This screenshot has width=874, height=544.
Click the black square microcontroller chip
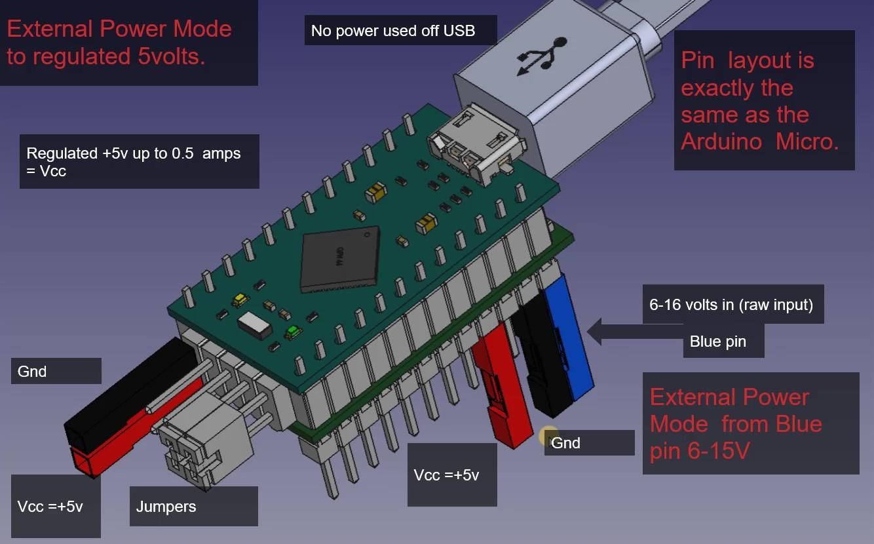339,258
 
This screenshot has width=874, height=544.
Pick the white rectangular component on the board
256,324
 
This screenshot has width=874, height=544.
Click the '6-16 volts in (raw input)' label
732,305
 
